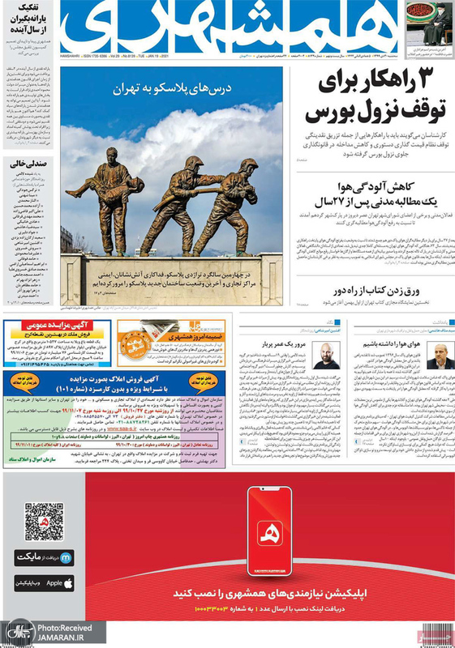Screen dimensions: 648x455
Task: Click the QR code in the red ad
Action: click(x=44, y=522)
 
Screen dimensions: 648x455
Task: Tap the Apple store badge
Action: click(x=44, y=582)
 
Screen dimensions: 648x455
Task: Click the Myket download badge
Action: click(x=44, y=557)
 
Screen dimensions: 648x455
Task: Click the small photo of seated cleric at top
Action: click(x=429, y=23)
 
